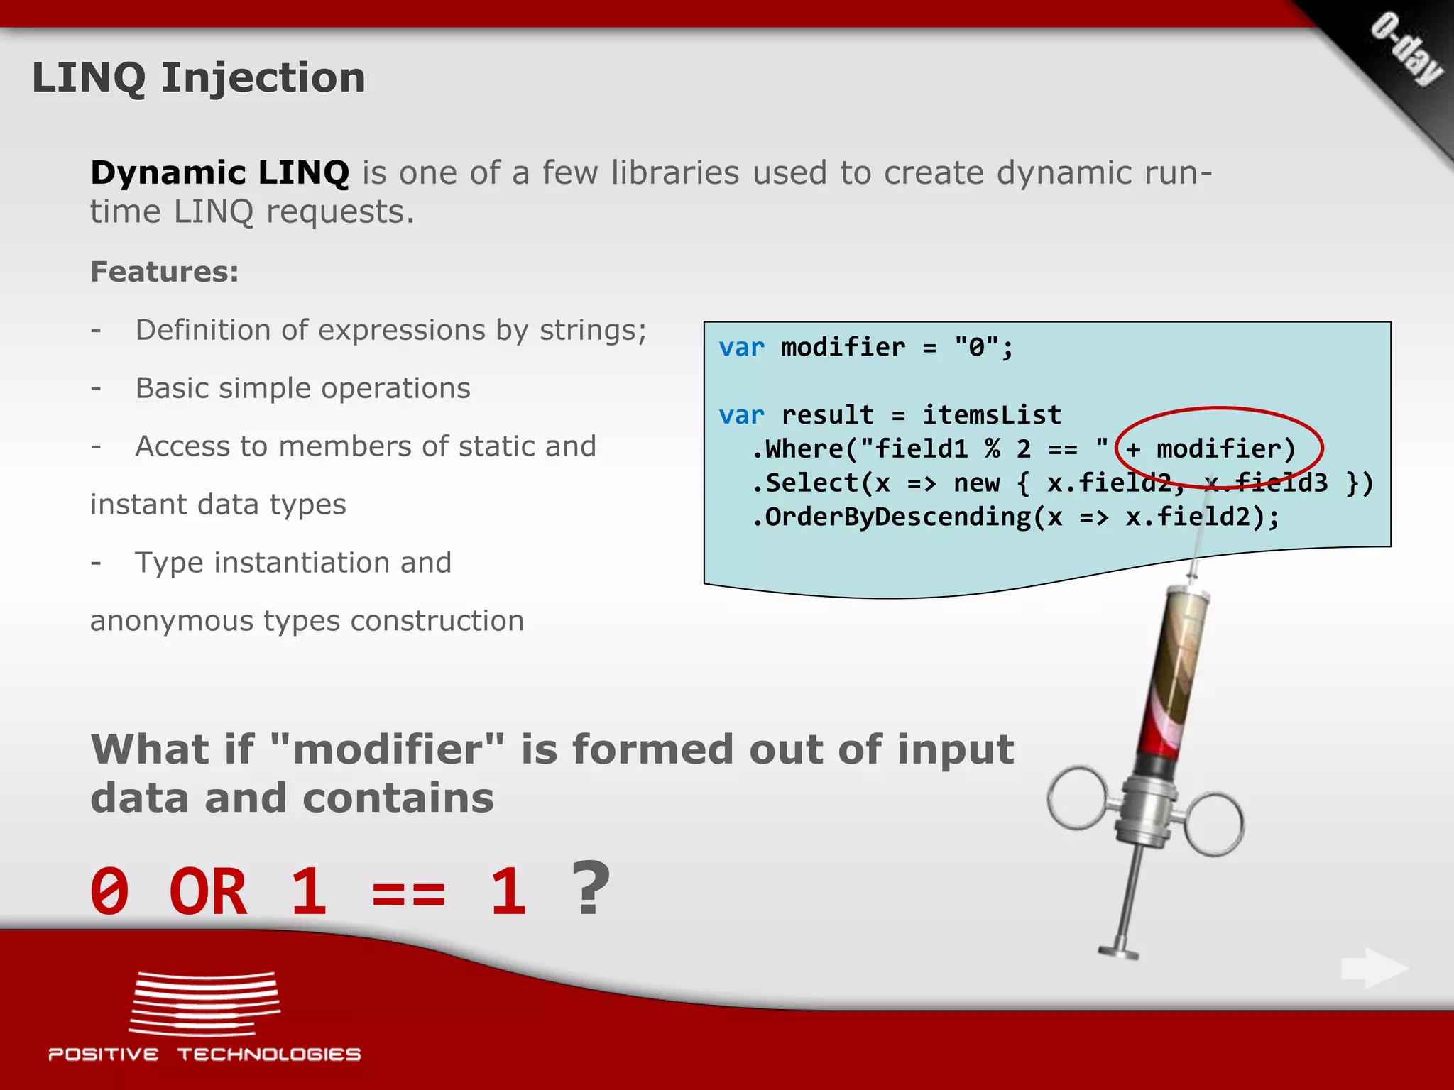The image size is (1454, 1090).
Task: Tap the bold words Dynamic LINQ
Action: [219, 172]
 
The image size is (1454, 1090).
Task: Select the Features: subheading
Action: [165, 272]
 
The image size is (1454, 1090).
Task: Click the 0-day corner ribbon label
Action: [1406, 50]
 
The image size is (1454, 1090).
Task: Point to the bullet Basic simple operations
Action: [302, 388]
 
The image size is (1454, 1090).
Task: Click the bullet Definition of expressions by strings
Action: [390, 330]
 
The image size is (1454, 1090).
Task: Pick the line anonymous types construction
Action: [307, 621]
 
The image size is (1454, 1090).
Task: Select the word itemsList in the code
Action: [991, 415]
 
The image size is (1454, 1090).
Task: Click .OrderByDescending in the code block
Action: [891, 517]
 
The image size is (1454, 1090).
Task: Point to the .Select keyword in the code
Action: [806, 483]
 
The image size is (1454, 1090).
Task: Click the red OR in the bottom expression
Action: [208, 892]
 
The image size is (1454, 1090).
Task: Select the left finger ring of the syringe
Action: [1077, 798]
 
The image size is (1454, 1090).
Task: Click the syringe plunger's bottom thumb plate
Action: [1118, 951]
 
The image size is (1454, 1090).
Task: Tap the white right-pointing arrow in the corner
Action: [1374, 968]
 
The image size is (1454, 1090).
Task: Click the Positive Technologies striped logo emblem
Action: [204, 1003]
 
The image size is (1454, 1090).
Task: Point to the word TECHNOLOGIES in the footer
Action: [269, 1055]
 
